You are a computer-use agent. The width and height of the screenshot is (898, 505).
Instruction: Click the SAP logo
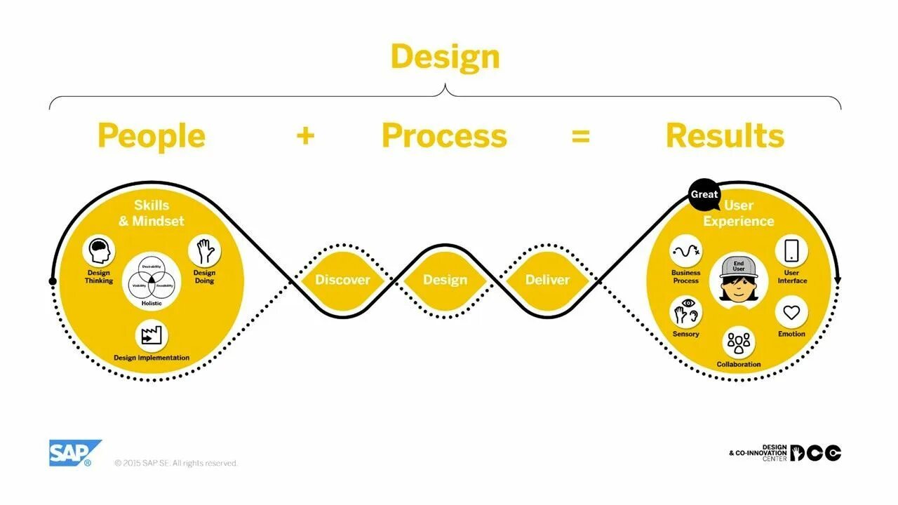[x=74, y=452]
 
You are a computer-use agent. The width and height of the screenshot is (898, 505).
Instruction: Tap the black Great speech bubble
[x=704, y=194]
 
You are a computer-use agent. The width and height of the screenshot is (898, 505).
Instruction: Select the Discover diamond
[x=342, y=280]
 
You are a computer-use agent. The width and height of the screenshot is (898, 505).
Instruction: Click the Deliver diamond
[x=547, y=280]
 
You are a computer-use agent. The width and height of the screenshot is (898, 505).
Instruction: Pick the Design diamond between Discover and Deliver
[x=445, y=280]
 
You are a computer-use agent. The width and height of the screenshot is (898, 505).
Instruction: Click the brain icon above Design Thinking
[x=99, y=251]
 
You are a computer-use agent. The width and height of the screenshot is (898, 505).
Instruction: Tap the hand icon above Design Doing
[x=204, y=251]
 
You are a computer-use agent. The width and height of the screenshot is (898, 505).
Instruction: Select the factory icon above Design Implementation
[x=152, y=337]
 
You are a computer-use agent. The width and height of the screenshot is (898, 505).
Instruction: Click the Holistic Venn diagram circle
[x=152, y=278]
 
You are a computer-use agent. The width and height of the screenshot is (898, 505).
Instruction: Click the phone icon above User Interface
[x=791, y=251]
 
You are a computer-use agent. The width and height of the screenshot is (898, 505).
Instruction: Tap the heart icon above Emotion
[x=791, y=313]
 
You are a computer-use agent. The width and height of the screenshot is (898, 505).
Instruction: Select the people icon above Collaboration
[x=739, y=343]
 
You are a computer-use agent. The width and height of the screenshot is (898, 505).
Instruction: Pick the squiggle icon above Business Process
[x=685, y=251]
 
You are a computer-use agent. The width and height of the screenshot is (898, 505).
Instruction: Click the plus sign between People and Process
[x=305, y=135]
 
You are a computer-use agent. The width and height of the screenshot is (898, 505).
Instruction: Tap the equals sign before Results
[x=580, y=136]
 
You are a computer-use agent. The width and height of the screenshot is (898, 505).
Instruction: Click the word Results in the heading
[x=725, y=136]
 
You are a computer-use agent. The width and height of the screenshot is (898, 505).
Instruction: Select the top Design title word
[x=445, y=57]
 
